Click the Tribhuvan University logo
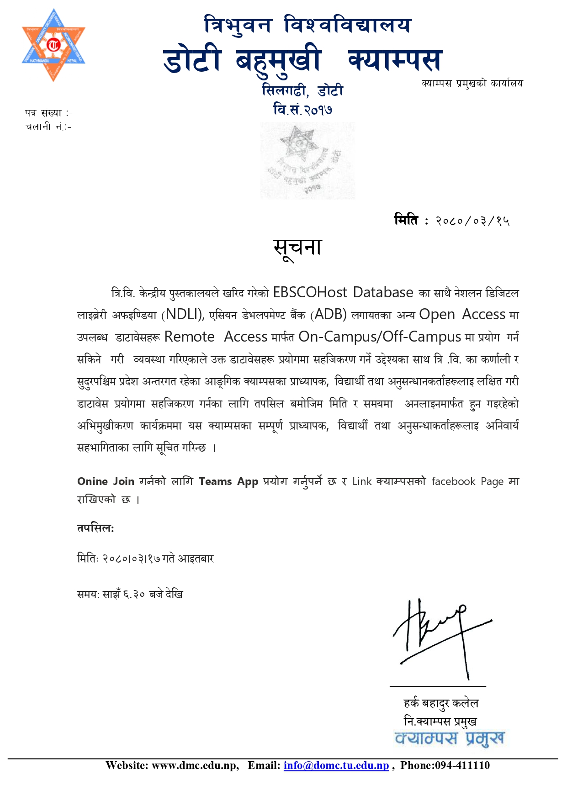tap(53, 45)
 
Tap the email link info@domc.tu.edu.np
tap(336, 765)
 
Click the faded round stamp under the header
tap(307, 160)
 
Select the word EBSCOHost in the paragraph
tap(310, 292)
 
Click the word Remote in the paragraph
tap(189, 337)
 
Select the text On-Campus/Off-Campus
tap(379, 337)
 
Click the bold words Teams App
tap(228, 481)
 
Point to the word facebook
tap(453, 481)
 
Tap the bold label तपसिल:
tap(95, 528)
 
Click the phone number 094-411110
tap(462, 765)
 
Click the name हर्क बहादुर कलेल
tap(440, 703)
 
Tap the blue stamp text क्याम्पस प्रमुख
tap(450, 738)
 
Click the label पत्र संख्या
tap(43, 113)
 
